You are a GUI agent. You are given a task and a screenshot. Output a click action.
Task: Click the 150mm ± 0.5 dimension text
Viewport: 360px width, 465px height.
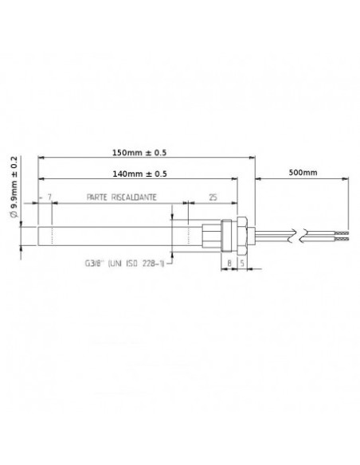click(x=143, y=152)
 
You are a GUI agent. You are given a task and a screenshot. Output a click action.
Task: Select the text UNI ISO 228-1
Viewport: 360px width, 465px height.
click(x=137, y=263)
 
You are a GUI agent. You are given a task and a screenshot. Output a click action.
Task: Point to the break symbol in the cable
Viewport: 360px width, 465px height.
click(x=296, y=236)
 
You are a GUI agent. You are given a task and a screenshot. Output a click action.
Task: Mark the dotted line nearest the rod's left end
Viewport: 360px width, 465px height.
click(x=52, y=236)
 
